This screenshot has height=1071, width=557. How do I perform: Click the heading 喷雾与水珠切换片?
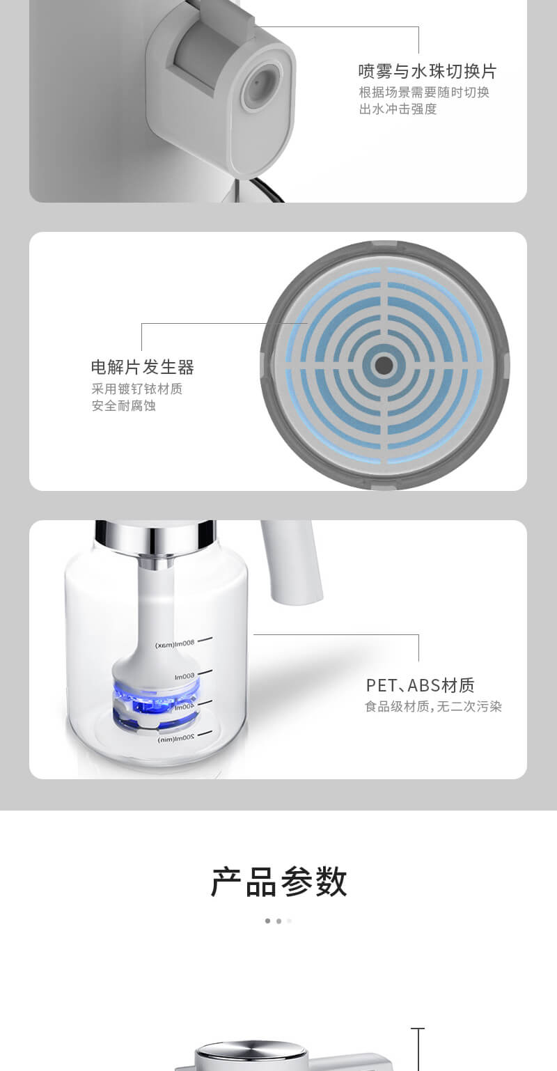coord(427,71)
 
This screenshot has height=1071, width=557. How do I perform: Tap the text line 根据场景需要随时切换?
coord(424,93)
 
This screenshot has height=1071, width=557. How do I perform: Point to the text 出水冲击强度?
coord(398,109)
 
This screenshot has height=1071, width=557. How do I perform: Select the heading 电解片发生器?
coord(143,367)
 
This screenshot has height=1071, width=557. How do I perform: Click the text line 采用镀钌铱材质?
coord(136,389)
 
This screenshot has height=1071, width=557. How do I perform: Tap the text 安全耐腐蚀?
coord(123,405)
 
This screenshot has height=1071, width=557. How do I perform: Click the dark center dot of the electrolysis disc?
coord(384,366)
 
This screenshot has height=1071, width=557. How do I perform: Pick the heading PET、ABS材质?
coord(420,685)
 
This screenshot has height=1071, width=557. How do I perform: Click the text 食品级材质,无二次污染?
coord(433,706)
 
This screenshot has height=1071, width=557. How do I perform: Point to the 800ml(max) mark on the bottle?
coord(175,644)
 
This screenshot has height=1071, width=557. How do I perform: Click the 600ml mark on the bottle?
coord(185,676)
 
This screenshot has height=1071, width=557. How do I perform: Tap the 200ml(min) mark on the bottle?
coord(176,739)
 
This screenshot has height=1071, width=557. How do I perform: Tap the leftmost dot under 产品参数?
coord(267,921)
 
